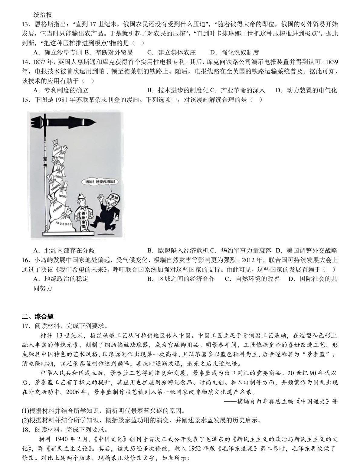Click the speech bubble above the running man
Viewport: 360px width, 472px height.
100,182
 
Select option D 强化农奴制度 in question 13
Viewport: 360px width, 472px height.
235,53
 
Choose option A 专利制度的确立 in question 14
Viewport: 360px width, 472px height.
61,90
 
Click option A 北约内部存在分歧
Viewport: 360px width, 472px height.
64,251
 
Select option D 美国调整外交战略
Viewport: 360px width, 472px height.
306,251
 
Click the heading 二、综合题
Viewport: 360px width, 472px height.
38,317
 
